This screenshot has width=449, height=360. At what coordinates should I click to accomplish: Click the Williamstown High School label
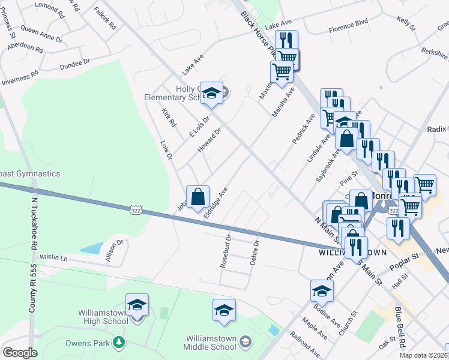tap(102, 316)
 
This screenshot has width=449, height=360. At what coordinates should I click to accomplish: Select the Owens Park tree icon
tap(119, 342)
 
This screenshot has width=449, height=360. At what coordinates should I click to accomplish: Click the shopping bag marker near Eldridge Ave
tap(197, 196)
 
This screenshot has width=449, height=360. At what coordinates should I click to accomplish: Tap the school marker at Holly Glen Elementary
tap(211, 93)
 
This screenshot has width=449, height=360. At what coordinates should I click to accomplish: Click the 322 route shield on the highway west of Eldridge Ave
tap(135, 209)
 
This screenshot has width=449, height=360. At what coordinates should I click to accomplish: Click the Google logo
tap(20, 352)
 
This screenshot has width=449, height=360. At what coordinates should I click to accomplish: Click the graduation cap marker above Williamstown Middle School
tap(224, 310)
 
